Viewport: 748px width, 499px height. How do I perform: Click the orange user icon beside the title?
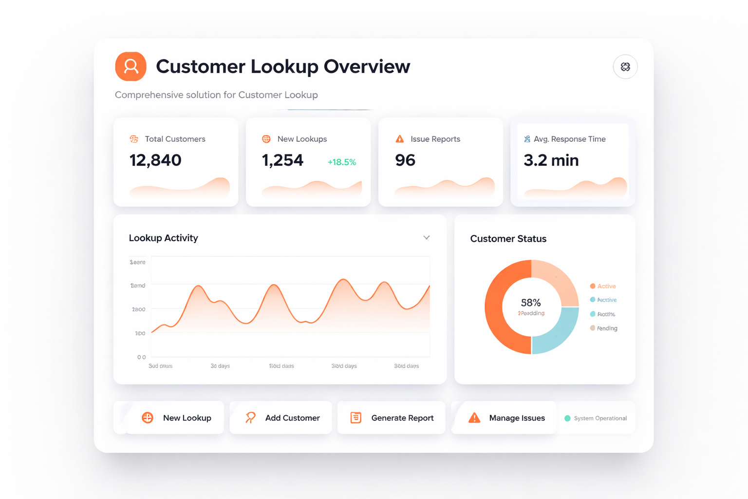131,66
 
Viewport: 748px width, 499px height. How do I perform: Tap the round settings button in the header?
625,67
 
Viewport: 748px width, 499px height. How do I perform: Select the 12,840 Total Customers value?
155,160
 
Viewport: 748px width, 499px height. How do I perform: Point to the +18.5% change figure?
341,162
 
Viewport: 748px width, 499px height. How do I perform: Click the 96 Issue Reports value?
405,160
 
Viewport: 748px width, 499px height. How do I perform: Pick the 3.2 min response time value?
551,160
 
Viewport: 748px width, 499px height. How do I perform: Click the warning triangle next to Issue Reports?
400,139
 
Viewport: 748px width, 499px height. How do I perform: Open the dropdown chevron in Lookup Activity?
427,238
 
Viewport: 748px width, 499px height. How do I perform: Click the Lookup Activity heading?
164,238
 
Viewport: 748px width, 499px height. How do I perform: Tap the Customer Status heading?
508,239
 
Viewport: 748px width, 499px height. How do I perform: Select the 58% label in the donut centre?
531,303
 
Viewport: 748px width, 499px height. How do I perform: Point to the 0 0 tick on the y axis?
141,357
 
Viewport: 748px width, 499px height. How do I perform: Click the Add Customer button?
281,418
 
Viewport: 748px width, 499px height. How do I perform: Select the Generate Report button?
392,418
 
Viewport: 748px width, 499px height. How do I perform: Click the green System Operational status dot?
567,418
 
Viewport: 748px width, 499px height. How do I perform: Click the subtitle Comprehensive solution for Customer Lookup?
216,95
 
